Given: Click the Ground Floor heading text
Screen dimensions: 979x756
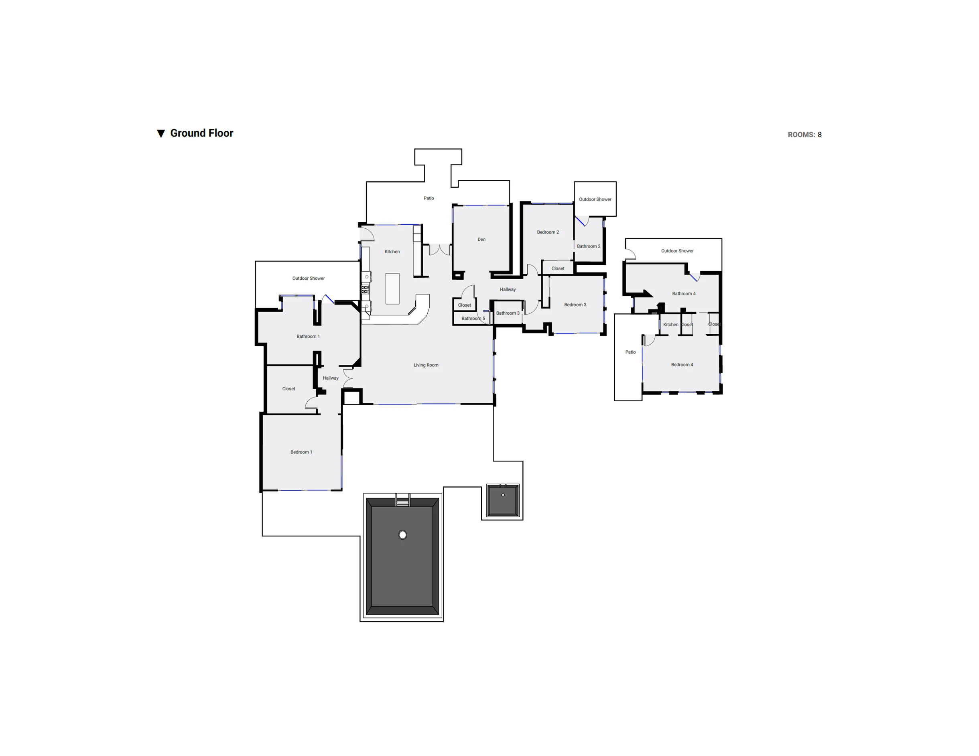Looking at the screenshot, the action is (202, 133).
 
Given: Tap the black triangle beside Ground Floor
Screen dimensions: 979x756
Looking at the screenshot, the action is (161, 134).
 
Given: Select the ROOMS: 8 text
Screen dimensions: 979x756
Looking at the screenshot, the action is (804, 134).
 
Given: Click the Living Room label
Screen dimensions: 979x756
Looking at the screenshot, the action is (426, 365).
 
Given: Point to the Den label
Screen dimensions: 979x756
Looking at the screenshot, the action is (481, 240).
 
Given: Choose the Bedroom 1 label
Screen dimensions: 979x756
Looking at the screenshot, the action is (301, 452).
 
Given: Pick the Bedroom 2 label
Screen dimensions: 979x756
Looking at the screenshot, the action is (548, 232).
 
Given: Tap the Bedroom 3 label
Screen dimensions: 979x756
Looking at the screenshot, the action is (575, 305).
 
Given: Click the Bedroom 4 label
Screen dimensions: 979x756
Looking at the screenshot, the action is (682, 364).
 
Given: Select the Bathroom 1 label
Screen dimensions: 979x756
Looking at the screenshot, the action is (308, 336).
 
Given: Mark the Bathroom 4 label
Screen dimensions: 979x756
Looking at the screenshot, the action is (684, 294).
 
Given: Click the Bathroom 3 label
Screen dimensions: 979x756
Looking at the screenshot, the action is (508, 313).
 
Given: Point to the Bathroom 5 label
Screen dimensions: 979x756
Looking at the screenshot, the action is (473, 318).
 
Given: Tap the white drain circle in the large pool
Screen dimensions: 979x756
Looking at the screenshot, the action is (402, 534).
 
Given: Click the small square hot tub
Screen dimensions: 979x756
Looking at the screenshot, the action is (503, 500).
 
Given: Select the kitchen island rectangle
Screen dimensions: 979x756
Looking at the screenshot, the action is (392, 289).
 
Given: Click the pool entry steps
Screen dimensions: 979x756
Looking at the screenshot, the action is (402, 500).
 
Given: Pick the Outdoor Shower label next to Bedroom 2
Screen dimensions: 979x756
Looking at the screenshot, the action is (595, 199).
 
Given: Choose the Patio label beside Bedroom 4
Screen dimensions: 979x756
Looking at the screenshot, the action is (630, 352).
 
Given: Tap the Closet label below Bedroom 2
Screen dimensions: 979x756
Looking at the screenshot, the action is (558, 268).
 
